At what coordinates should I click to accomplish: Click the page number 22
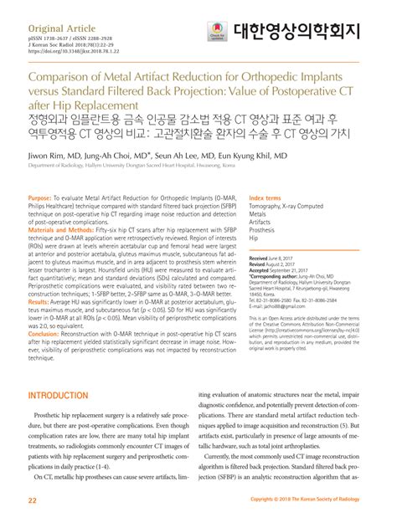(x=33, y=500)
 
